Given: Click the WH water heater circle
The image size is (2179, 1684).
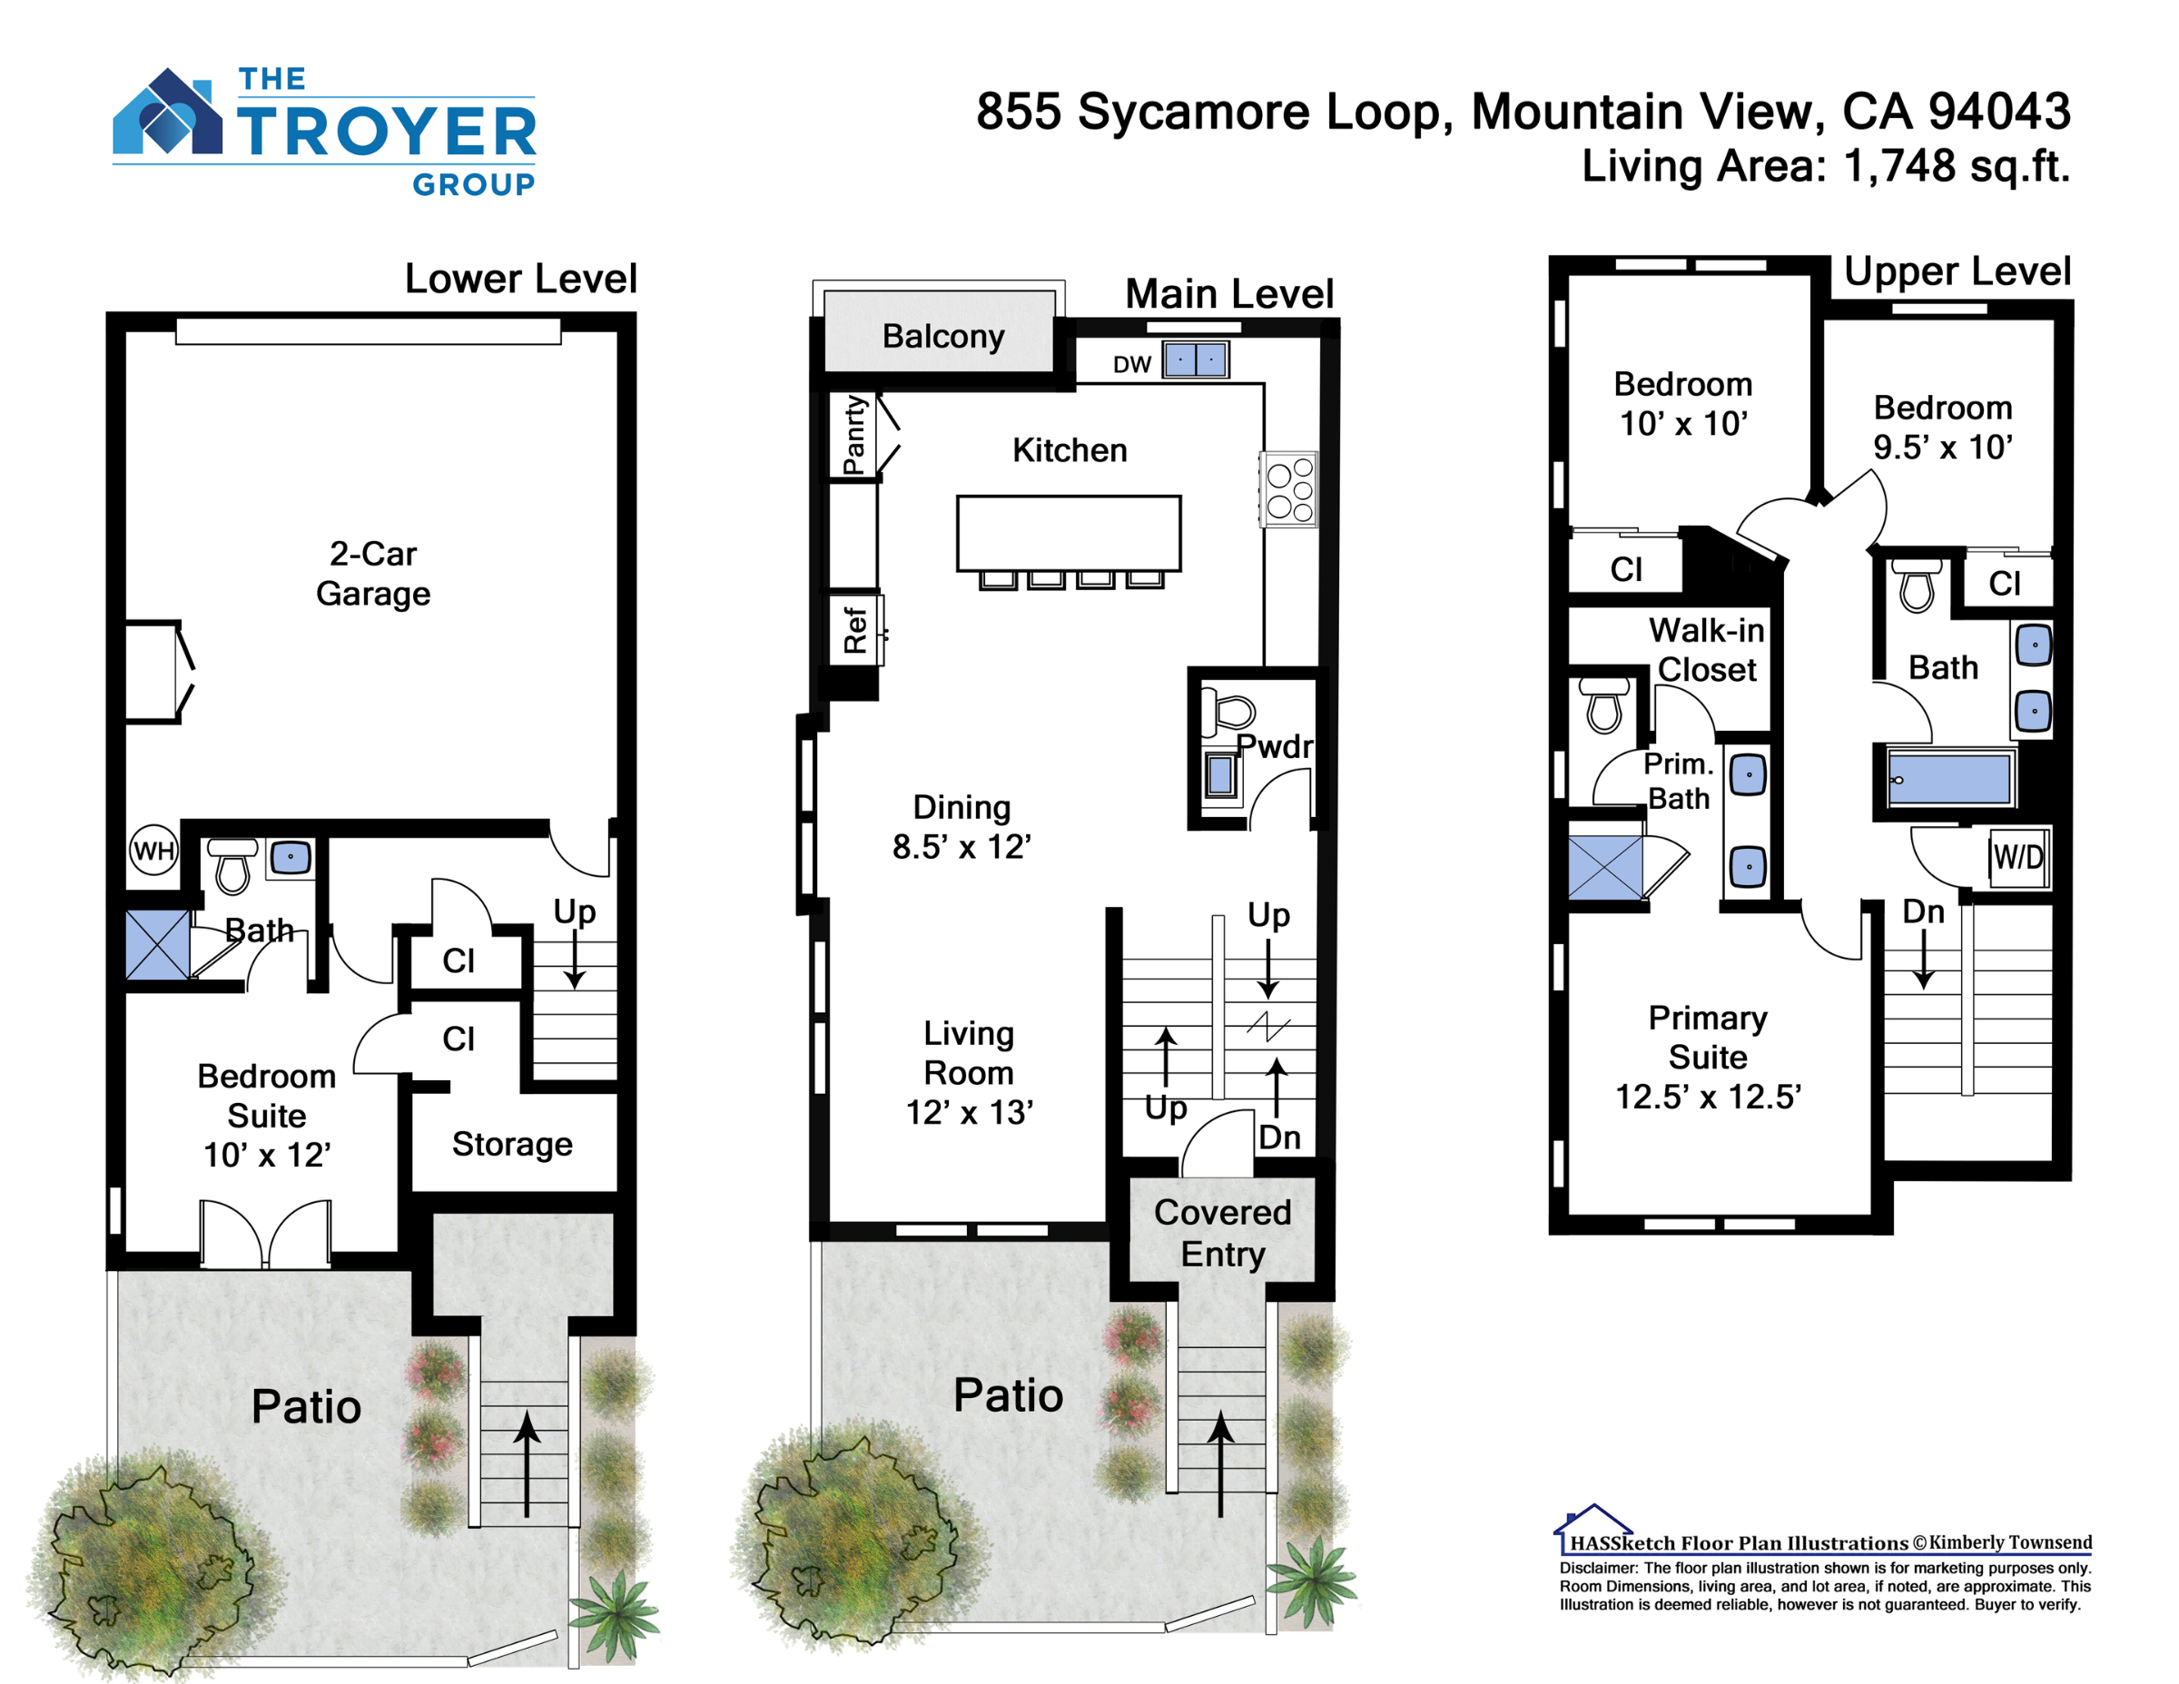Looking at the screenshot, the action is tap(153, 850).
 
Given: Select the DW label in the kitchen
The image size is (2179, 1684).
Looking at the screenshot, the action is tap(1132, 365).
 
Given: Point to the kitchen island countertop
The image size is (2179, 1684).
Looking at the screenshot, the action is tap(1069, 533).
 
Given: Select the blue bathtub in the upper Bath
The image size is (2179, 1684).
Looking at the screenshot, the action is tap(1949, 778).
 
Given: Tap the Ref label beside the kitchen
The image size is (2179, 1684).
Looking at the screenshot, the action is tap(855, 629).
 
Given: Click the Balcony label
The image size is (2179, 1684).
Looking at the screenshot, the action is tap(942, 336).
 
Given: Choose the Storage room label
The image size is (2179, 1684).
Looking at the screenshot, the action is tap(512, 1143).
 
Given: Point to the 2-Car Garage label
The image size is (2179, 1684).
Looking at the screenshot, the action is tap(373, 573).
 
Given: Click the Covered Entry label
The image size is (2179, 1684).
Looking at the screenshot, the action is tap(1222, 1232).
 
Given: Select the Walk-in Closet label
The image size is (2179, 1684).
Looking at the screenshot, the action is tap(1707, 649).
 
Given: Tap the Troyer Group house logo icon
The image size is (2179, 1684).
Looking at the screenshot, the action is tap(168, 111).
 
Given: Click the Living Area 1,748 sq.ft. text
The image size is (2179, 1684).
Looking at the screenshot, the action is tap(1826, 165).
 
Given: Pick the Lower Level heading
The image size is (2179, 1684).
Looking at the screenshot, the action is tap(520, 279).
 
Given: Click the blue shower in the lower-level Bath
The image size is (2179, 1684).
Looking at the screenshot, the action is tap(158, 944).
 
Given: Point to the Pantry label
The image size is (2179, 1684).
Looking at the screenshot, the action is tap(854, 435).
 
